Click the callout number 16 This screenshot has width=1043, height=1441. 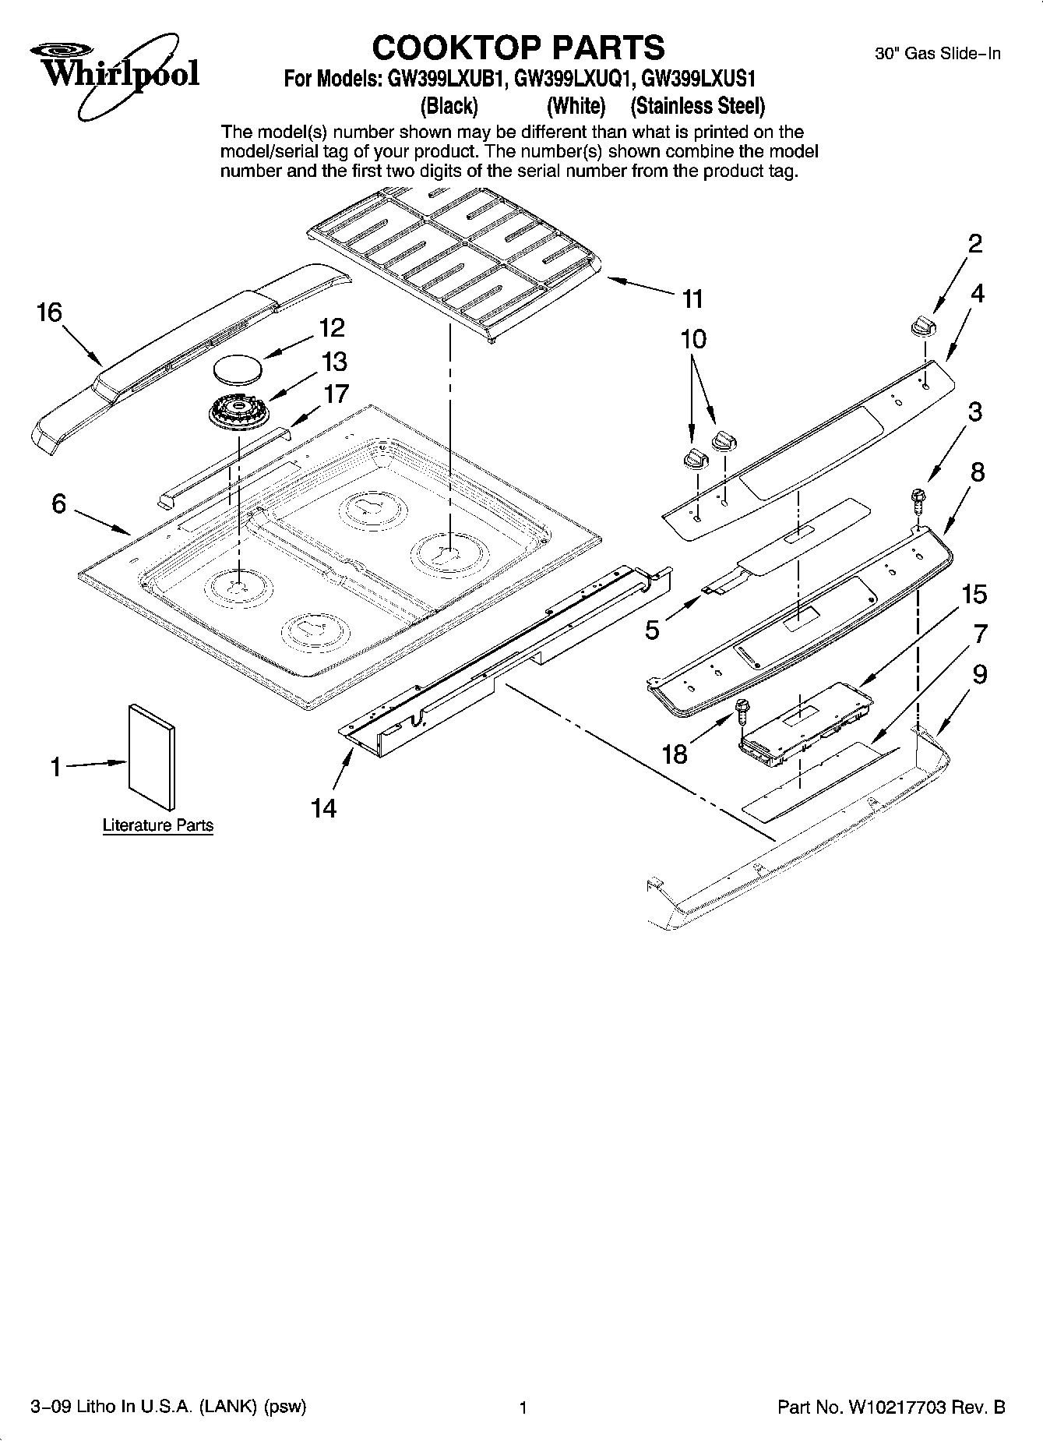tap(49, 313)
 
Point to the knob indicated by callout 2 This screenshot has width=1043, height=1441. tap(922, 326)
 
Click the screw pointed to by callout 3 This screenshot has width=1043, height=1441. tap(919, 499)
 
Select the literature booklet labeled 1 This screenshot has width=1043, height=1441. tap(152, 756)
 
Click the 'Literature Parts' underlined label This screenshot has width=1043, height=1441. tap(158, 825)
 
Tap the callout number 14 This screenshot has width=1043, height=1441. tap(324, 808)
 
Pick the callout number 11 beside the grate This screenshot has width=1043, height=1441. tap(692, 298)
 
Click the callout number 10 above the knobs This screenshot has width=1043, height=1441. tap(693, 339)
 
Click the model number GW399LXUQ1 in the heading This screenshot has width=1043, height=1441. tap(571, 79)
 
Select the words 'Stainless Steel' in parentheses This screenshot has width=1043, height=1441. tap(697, 105)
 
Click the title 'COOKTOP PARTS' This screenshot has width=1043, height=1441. tap(518, 48)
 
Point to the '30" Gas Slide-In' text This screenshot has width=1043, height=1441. tap(938, 54)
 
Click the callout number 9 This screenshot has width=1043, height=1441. tap(979, 674)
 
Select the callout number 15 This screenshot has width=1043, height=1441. tap(974, 595)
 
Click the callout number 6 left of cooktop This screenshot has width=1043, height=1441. tap(59, 504)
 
